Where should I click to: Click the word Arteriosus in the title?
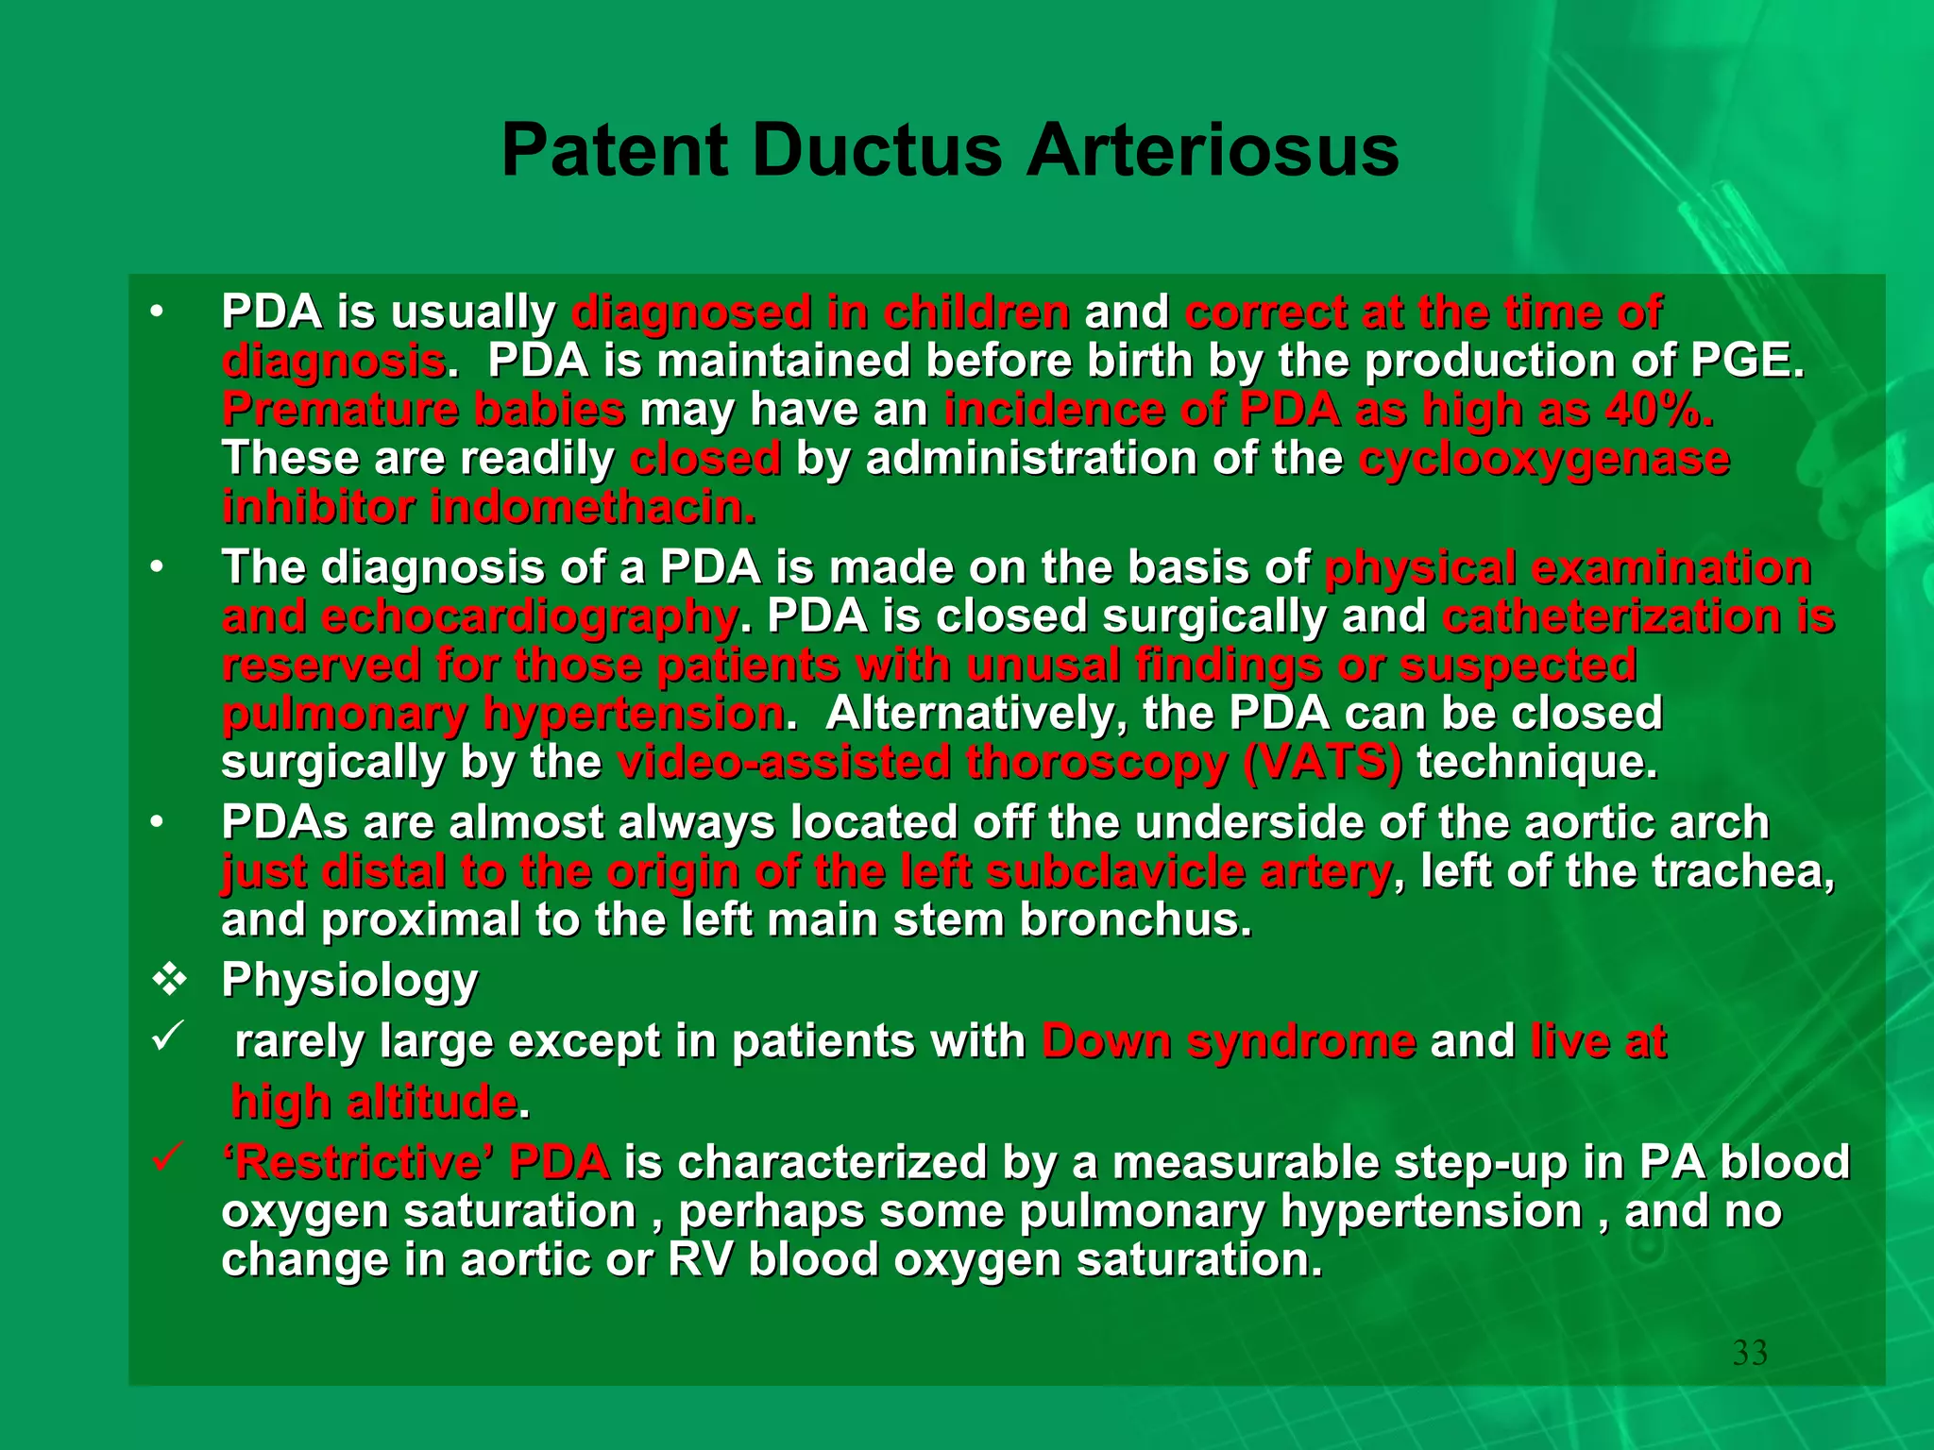(1213, 151)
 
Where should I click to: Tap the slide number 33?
(1750, 1353)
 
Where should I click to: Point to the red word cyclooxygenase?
(1544, 460)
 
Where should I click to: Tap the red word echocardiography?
(529, 617)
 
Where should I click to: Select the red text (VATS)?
(1322, 763)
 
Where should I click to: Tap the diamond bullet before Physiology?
(169, 980)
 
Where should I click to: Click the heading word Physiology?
(349, 980)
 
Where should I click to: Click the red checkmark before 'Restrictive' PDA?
(167, 1156)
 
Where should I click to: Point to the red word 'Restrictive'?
(358, 1163)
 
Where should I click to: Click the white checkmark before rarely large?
(167, 1037)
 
